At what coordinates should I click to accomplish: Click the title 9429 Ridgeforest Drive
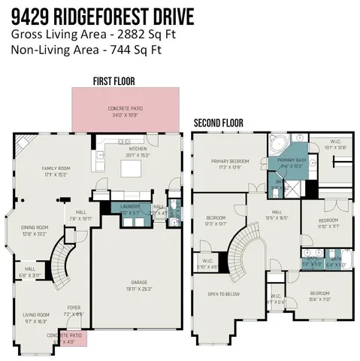click(x=101, y=16)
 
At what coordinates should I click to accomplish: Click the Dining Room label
click(x=35, y=230)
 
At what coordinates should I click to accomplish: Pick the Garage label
click(x=136, y=284)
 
